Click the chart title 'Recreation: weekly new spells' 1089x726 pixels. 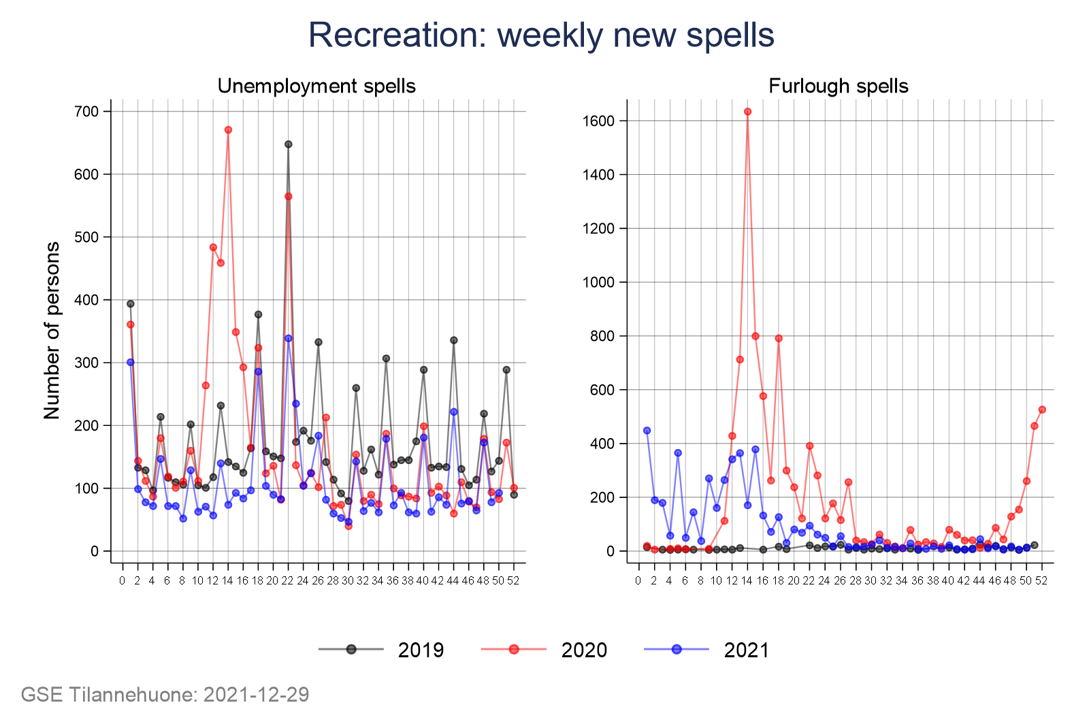click(541, 35)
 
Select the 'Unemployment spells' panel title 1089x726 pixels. click(316, 86)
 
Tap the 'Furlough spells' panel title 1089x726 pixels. click(838, 86)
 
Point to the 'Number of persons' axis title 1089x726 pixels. click(52, 331)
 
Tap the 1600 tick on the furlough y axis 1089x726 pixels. click(598, 121)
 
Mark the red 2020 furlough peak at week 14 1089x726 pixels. click(747, 112)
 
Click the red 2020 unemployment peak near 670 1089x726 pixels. click(228, 130)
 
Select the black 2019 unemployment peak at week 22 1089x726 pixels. click(288, 144)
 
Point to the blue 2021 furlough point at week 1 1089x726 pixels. click(647, 430)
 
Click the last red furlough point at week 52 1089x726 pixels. click(1042, 410)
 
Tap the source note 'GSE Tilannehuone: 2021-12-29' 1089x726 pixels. click(165, 695)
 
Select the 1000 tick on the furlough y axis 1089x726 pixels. click(598, 282)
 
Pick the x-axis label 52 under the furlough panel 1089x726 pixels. click(1041, 580)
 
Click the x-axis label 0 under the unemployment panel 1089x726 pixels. click(123, 580)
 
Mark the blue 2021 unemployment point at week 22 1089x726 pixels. click(288, 338)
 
